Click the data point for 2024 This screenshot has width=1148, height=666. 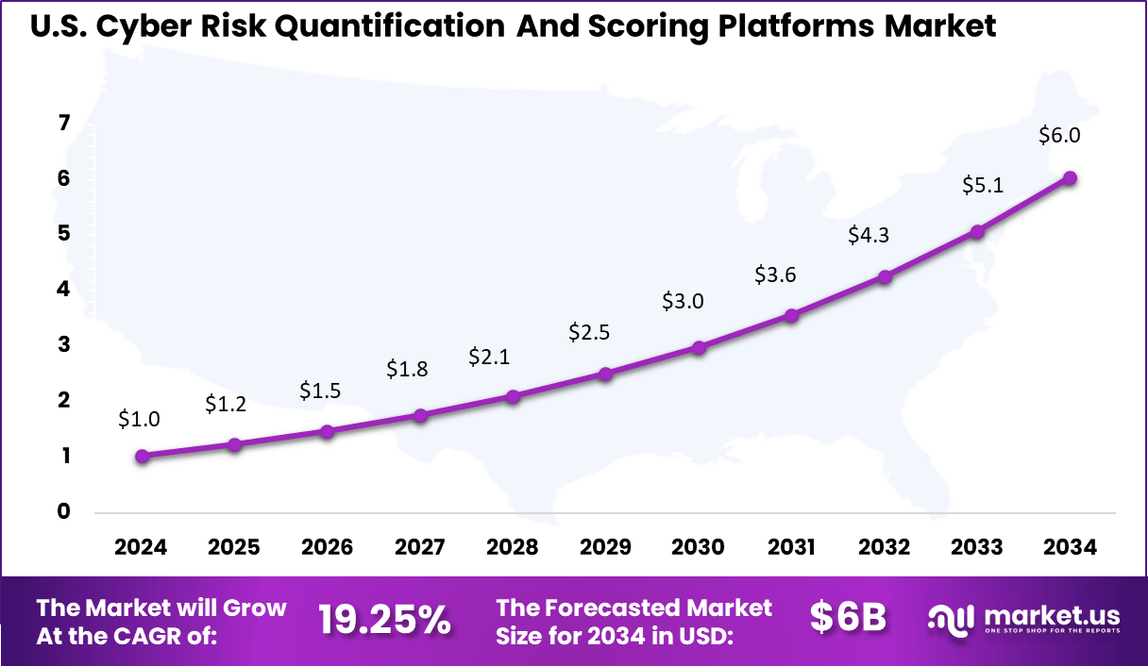pos(142,457)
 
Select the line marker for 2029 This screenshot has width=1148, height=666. pos(606,375)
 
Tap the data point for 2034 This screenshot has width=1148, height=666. pos(1070,177)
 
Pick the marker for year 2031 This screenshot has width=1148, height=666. pos(791,316)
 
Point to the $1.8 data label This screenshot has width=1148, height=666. pos(407,370)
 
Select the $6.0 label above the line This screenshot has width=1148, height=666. pos(1059,135)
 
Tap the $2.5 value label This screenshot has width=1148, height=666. pos(589,332)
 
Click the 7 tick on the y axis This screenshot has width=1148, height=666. pos(63,123)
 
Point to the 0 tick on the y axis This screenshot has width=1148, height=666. pos(63,512)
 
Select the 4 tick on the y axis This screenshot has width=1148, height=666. pos(63,290)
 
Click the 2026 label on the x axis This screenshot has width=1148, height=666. pos(327,548)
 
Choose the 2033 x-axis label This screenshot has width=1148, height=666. pos(977,548)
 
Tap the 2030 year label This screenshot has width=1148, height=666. pos(699,548)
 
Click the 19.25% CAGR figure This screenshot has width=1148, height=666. pos(384,620)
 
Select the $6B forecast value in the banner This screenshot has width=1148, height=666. pos(848,618)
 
